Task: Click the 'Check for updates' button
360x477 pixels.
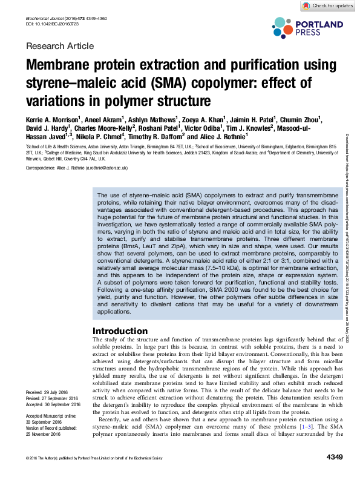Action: (328, 5)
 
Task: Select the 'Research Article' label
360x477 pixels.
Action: (60, 46)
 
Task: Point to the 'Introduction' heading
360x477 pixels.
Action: (122, 331)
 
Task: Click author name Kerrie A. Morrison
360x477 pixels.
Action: (53, 118)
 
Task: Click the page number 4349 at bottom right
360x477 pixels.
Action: (335, 456)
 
